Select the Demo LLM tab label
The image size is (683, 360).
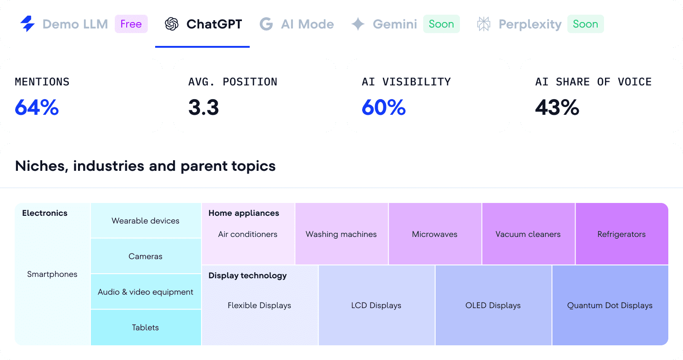75,24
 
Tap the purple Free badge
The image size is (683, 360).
131,24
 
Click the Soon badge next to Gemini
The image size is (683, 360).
441,24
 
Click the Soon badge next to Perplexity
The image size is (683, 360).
585,24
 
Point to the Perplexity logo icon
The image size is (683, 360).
484,24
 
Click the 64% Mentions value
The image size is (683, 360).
37,107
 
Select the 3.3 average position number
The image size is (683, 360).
203,107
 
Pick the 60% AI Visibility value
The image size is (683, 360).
384,107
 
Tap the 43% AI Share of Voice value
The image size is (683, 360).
557,107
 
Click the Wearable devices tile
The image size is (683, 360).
146,220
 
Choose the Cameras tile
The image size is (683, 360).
146,256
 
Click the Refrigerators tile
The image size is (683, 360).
621,234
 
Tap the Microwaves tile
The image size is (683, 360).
435,234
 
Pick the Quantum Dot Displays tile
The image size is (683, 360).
610,305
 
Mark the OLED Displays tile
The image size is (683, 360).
493,305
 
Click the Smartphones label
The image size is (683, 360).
52,274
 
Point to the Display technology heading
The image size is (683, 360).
247,276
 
